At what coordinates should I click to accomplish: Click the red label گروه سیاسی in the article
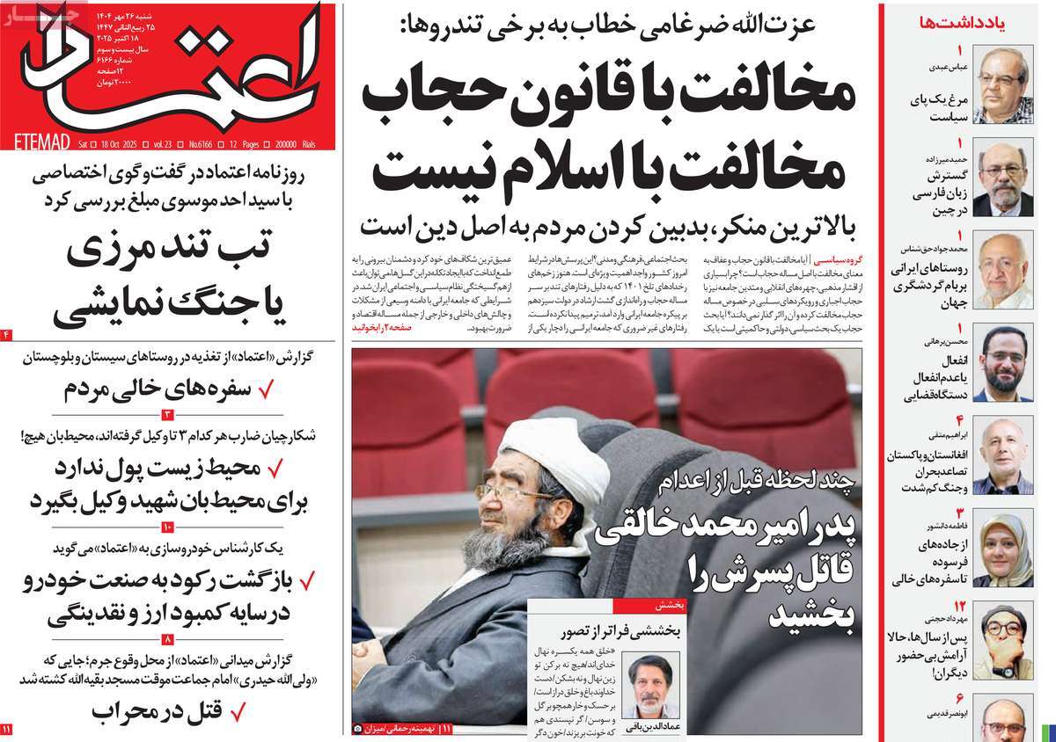(836, 262)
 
